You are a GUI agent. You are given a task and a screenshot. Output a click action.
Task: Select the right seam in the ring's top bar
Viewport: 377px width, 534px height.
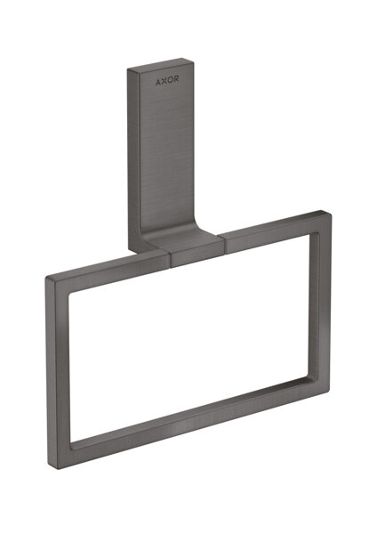pos(219,239)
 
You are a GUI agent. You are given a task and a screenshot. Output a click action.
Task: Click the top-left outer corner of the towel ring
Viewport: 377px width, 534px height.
pos(46,279)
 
